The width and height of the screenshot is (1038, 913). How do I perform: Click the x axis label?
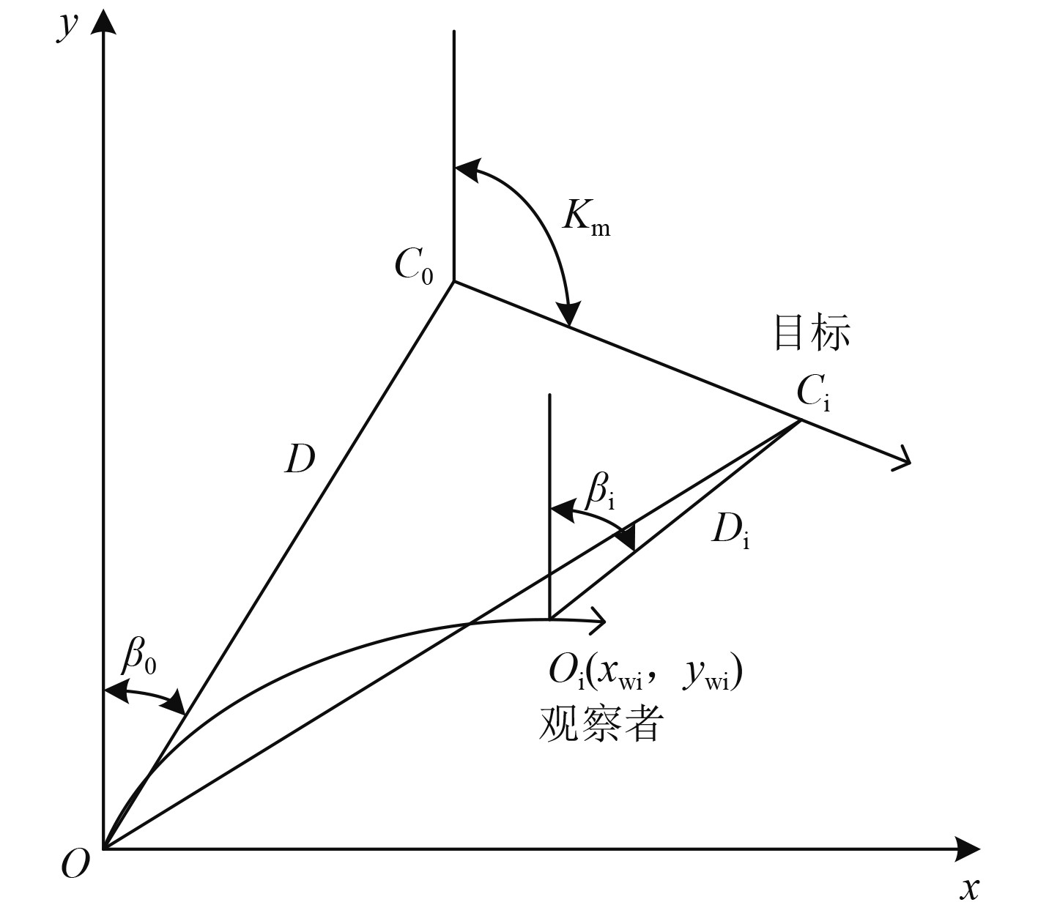[x=970, y=887]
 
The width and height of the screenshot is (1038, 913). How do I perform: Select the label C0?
[x=414, y=265]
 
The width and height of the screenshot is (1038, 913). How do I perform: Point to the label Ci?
[x=813, y=395]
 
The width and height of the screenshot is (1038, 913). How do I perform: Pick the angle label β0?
[x=139, y=657]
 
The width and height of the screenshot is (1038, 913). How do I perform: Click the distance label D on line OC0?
[x=299, y=459]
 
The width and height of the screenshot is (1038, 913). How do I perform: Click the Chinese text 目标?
[x=812, y=333]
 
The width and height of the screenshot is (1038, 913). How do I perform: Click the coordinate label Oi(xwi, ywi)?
[x=645, y=674]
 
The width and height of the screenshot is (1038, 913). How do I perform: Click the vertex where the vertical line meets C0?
[x=454, y=281]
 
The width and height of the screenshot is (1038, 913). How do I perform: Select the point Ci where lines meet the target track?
[x=799, y=420]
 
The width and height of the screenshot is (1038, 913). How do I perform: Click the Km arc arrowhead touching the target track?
[x=569, y=316]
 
